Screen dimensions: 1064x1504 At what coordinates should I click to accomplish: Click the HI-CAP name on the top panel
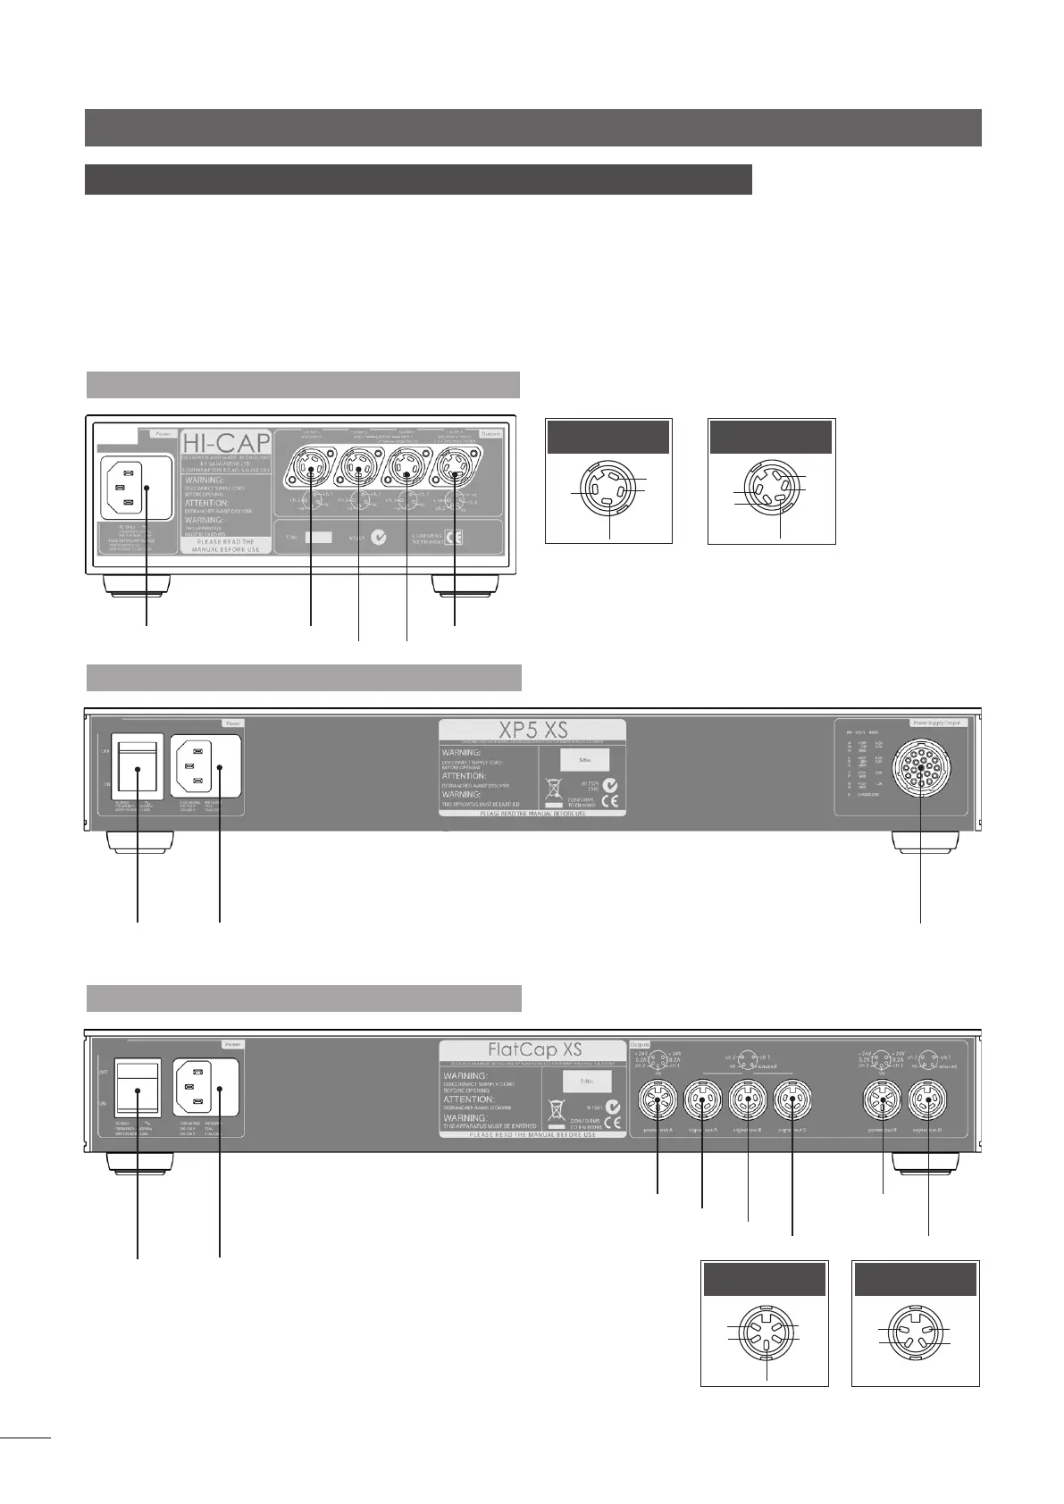[226, 443]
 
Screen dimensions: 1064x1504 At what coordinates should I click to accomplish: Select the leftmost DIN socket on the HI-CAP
[310, 470]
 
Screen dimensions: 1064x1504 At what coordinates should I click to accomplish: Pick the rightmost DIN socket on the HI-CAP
[455, 470]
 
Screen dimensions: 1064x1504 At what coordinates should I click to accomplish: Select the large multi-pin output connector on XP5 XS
[920, 765]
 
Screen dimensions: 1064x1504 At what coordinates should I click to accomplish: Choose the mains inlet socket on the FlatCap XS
[205, 1087]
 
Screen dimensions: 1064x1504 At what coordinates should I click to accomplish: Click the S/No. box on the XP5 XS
[584, 760]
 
